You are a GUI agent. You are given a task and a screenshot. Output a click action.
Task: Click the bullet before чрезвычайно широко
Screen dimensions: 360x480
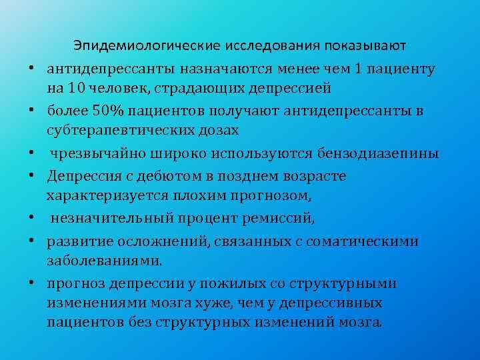31,153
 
